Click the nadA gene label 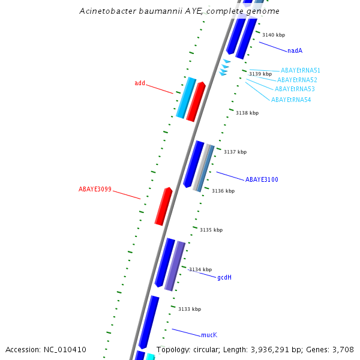coord(295,51)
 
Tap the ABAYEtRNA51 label coord(301,71)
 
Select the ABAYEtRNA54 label coord(291,100)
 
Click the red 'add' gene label coord(140,83)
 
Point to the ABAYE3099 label coord(95,190)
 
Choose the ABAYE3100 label coord(262,179)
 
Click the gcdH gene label coord(224,277)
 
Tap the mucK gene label coord(209,335)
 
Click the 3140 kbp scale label coord(274,35)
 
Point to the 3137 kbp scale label coord(235,152)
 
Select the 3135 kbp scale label coord(211,230)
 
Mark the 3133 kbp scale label coord(190,309)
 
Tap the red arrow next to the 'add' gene coord(196,101)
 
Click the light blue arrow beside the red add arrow coord(186,97)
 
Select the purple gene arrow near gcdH coord(175,266)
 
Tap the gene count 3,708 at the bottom coord(344,349)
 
